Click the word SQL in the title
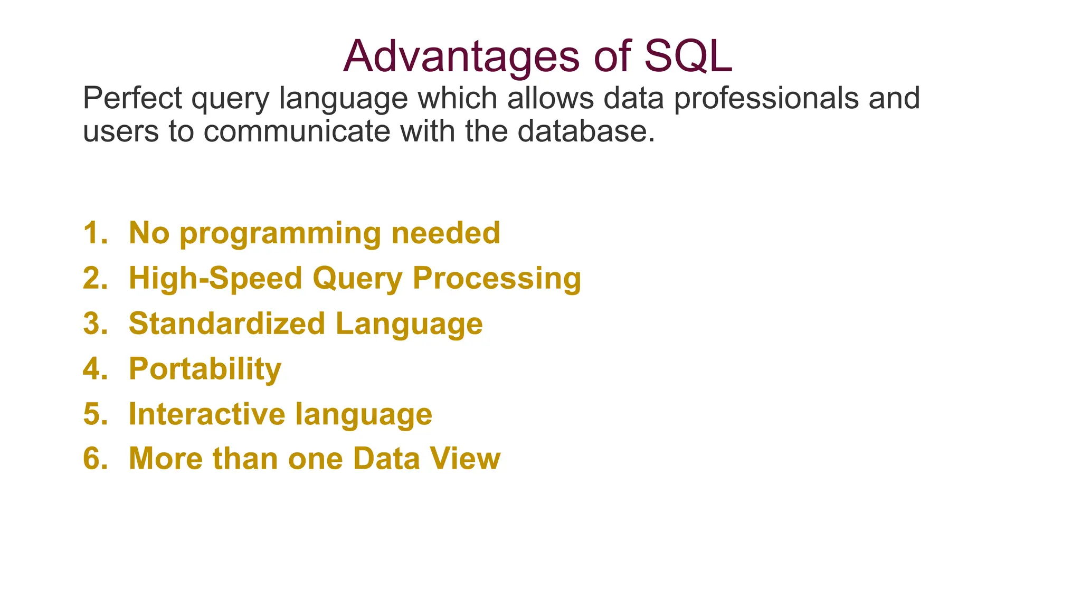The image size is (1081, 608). coord(688,56)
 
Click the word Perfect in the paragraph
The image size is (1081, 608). coord(132,98)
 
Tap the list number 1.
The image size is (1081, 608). coord(95,233)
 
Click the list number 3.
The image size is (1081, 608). coord(95,323)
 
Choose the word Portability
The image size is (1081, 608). coord(205,369)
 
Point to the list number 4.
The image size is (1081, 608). coord(95,368)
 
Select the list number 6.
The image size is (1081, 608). coord(95,458)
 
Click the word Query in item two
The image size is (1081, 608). coord(357,279)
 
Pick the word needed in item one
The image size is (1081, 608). coord(445,233)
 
